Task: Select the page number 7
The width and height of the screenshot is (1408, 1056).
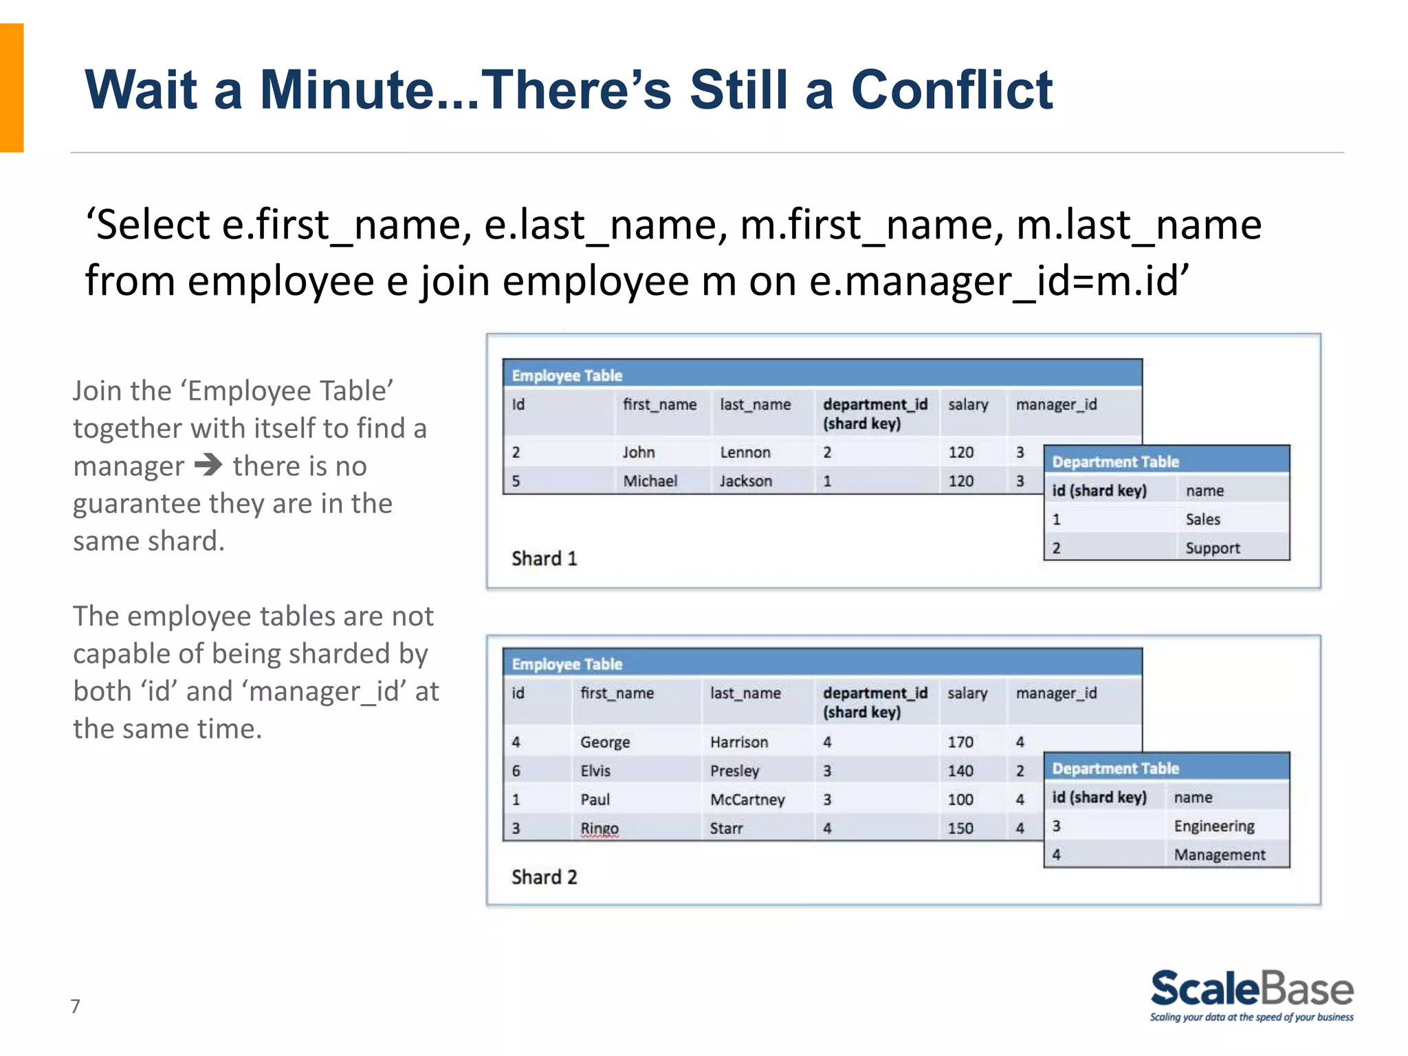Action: (76, 1006)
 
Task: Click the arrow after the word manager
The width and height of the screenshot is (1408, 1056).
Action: (208, 465)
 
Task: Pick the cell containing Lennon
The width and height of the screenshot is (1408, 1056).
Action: (745, 452)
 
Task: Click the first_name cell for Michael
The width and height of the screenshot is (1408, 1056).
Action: (650, 481)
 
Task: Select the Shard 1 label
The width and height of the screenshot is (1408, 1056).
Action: (544, 558)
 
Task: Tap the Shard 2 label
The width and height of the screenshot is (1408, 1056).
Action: (544, 877)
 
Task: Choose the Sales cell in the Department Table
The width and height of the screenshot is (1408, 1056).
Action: (1202, 520)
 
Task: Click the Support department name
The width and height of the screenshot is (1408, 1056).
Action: (1212, 549)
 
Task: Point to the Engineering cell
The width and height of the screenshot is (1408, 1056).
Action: (1213, 826)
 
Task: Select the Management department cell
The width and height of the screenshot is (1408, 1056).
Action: (1219, 855)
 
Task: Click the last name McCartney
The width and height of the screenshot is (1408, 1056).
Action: (747, 800)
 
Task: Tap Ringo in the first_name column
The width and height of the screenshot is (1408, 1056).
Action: (599, 828)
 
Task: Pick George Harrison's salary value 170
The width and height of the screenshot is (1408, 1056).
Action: (960, 742)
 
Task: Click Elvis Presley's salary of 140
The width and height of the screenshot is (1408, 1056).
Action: (960, 771)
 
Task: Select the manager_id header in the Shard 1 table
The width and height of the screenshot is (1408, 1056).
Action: (1056, 405)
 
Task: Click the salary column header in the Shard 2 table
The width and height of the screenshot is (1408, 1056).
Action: (967, 693)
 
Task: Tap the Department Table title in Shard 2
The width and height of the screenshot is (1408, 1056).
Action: (1115, 769)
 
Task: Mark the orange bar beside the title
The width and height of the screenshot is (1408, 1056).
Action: (12, 88)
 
